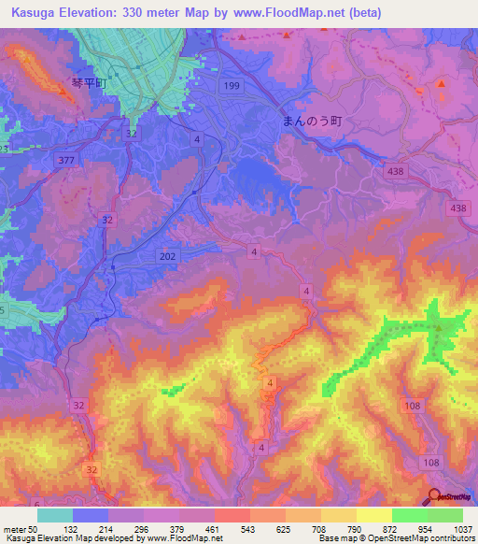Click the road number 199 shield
pos(232,85)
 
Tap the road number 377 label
pos(64,161)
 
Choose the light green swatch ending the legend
pos(445,515)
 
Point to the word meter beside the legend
pos(14,529)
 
